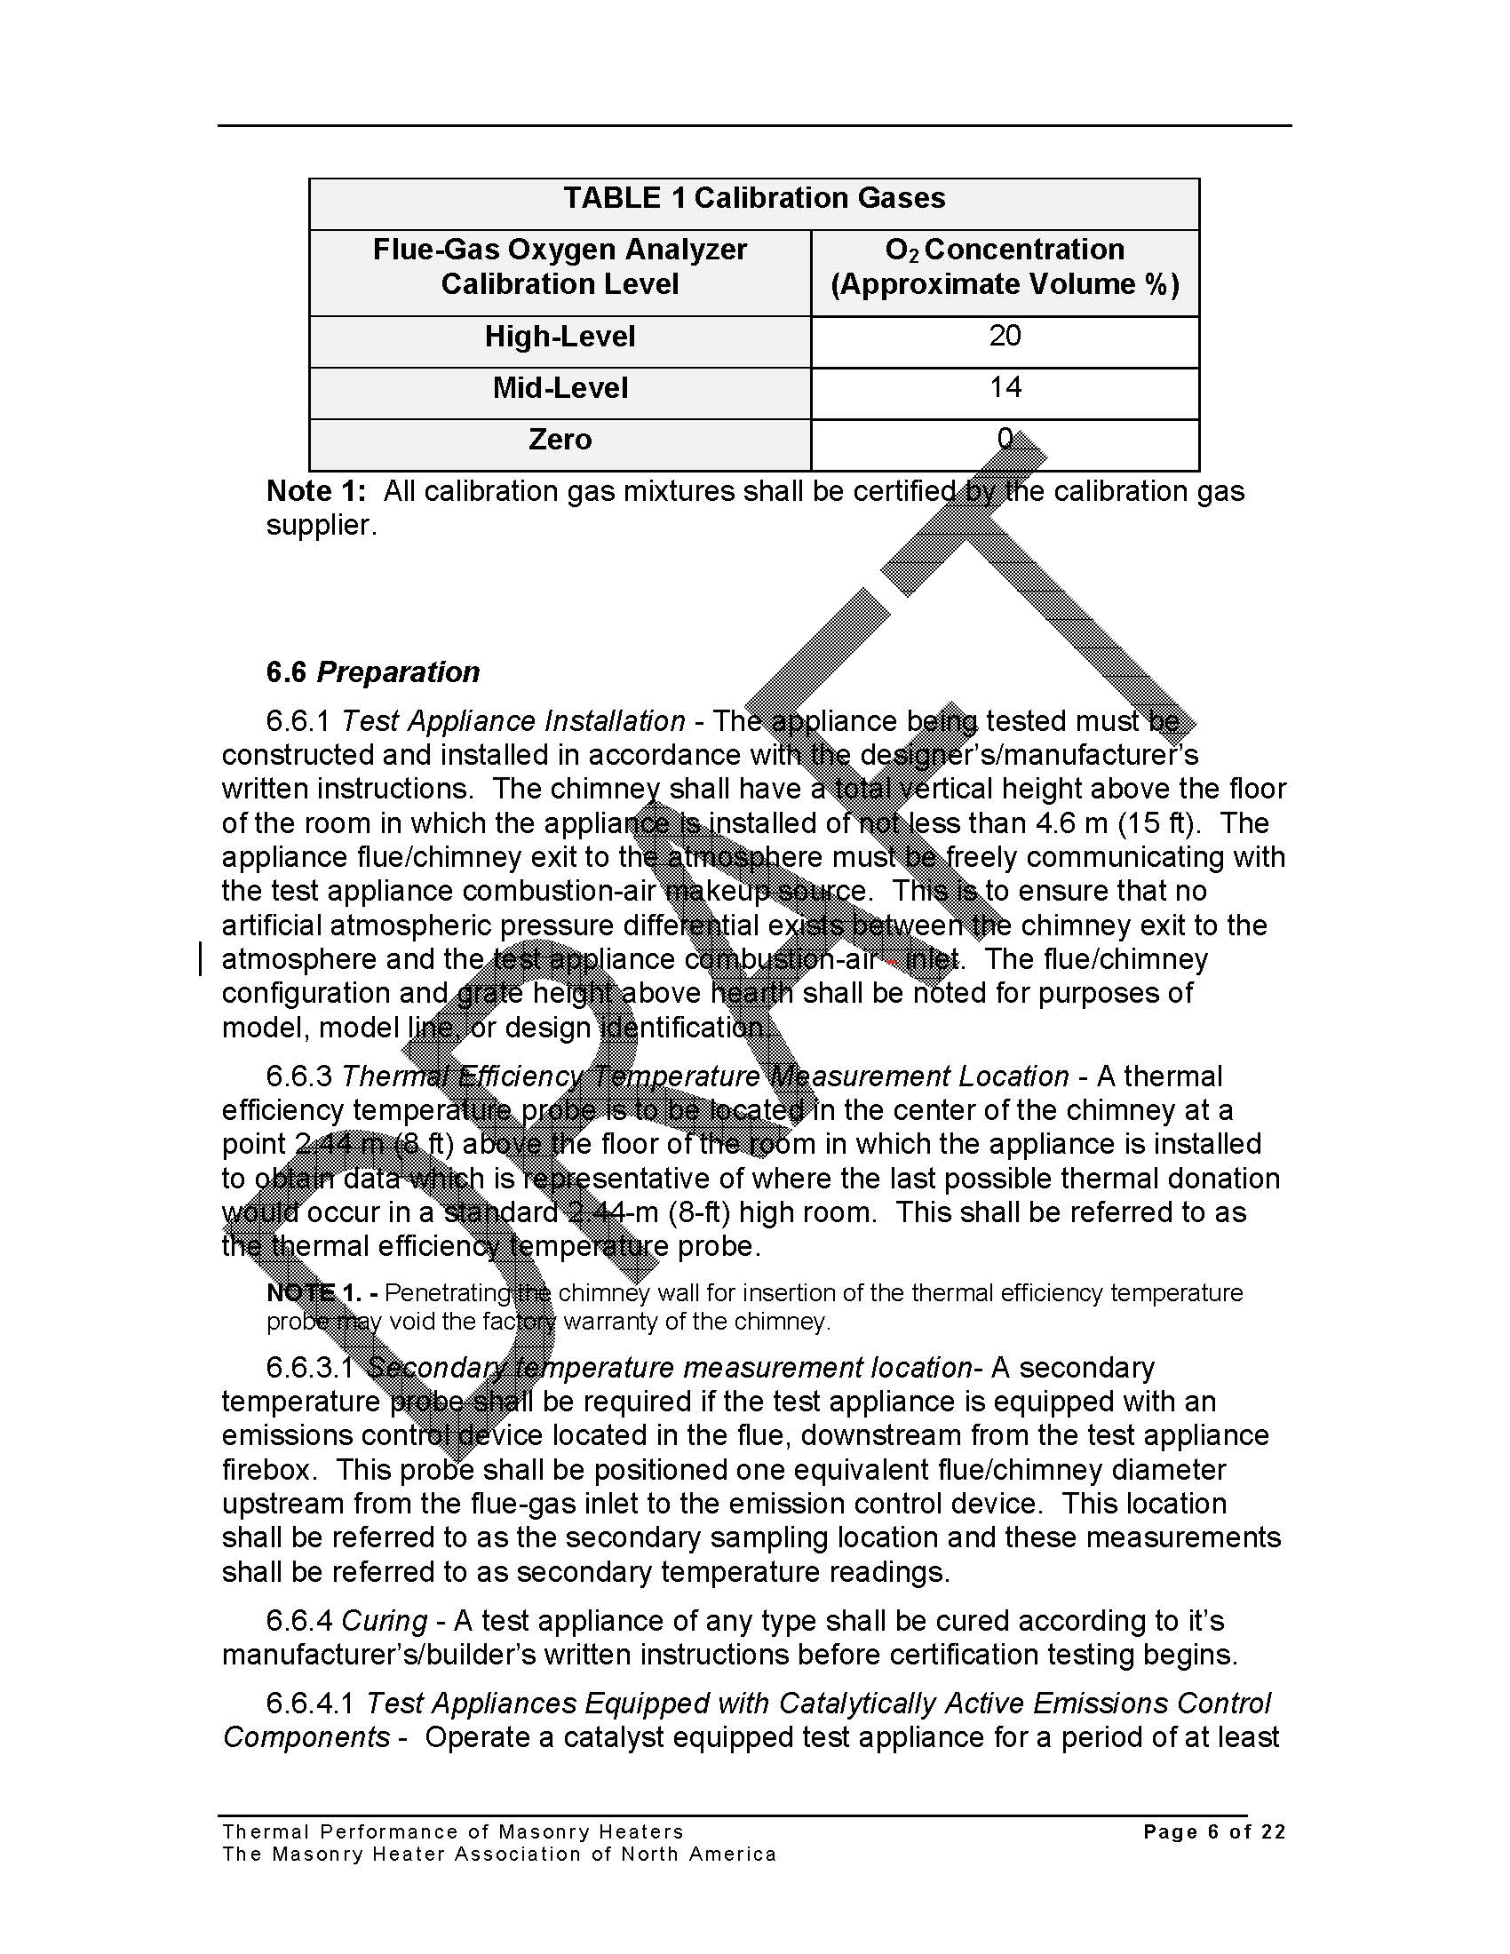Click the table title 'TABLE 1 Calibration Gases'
coord(753,198)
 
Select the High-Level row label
coord(560,337)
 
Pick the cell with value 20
coord(1005,336)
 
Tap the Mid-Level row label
coord(560,387)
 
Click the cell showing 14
coord(1005,386)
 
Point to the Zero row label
coord(560,440)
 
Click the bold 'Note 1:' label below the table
coord(316,491)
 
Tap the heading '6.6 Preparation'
coord(372,672)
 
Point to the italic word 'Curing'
coord(385,1621)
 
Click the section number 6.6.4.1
coord(309,1704)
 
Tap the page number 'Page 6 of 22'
coord(1214,1832)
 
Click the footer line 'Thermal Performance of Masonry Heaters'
coord(453,1832)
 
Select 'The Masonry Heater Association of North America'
coord(499,1855)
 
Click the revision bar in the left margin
coord(201,959)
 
